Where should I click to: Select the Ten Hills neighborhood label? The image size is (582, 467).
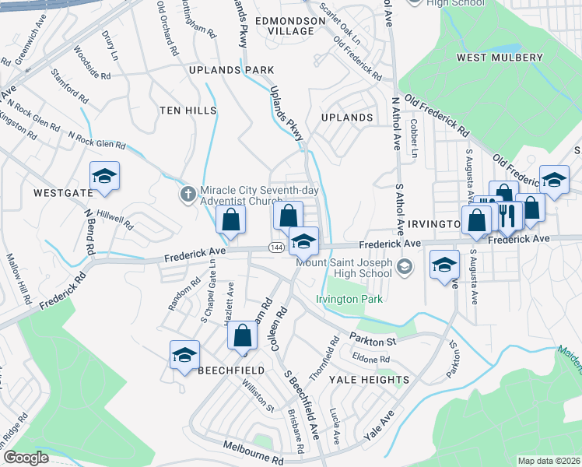[188, 111]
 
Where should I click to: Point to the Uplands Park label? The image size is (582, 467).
[220, 70]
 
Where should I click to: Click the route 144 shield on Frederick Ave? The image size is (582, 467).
[276, 248]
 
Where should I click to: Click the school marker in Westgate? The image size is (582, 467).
[104, 177]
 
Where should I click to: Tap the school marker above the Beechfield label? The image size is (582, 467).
[184, 356]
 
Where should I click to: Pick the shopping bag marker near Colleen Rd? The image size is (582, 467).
[243, 336]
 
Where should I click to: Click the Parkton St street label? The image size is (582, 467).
[373, 340]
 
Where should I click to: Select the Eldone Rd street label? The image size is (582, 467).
[370, 359]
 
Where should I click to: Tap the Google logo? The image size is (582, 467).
[26, 458]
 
